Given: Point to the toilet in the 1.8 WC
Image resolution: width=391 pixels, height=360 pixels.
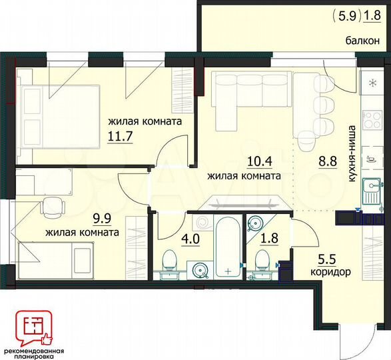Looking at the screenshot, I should point(262,261).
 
